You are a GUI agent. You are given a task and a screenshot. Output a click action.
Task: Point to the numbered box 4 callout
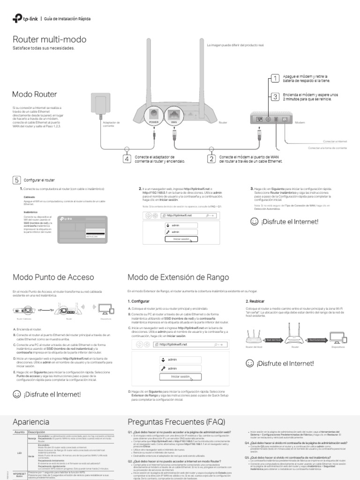click(127, 159)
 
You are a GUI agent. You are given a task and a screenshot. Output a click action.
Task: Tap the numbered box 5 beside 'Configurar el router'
click(16, 180)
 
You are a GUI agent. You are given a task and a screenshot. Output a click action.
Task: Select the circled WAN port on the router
click(174, 114)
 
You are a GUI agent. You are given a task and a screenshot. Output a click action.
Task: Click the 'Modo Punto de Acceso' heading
click(53, 277)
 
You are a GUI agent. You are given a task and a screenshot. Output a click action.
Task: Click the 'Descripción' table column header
click(38, 432)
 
